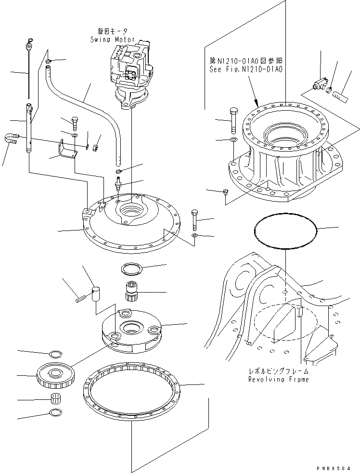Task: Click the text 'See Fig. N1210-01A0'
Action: (x=245, y=69)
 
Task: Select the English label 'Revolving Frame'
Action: (x=279, y=379)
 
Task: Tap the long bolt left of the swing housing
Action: (x=233, y=120)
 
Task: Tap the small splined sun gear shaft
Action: (x=131, y=291)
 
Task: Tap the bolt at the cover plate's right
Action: (x=194, y=220)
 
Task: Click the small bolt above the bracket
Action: (x=75, y=123)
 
